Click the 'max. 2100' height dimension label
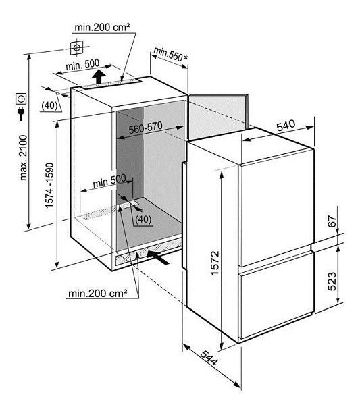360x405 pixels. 23,157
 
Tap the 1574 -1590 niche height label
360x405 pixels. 49,185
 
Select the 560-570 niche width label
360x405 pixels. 145,128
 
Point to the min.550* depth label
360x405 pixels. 171,55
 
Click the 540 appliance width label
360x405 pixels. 286,125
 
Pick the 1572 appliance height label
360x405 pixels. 215,263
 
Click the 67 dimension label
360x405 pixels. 332,221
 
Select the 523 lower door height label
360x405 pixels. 332,281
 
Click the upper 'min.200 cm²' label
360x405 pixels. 102,27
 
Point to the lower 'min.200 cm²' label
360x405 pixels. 98,293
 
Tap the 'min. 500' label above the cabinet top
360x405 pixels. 82,65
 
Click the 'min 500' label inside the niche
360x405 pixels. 109,180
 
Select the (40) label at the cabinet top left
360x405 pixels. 49,105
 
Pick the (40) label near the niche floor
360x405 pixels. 143,219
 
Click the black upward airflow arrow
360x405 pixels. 99,76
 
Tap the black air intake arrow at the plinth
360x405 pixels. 157,258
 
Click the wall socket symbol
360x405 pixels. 21,99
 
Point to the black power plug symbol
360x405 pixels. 21,113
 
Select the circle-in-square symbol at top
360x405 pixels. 77,47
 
